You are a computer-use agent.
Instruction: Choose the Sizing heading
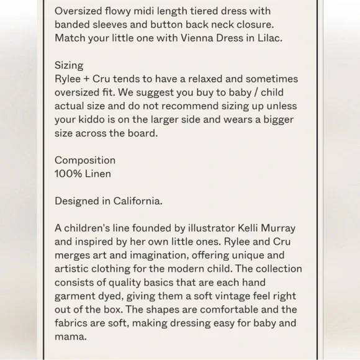(69, 65)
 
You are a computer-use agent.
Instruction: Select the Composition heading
(85, 160)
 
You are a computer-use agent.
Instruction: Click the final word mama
(71, 337)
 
